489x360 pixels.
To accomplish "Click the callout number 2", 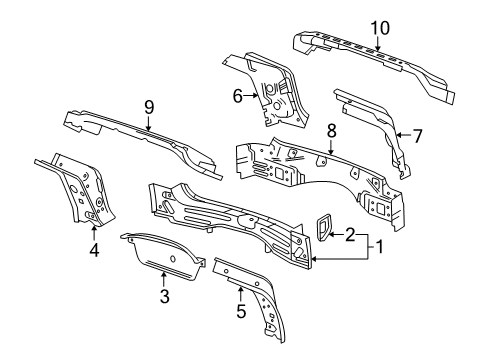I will [349, 235].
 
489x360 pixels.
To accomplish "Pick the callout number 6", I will [238, 96].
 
